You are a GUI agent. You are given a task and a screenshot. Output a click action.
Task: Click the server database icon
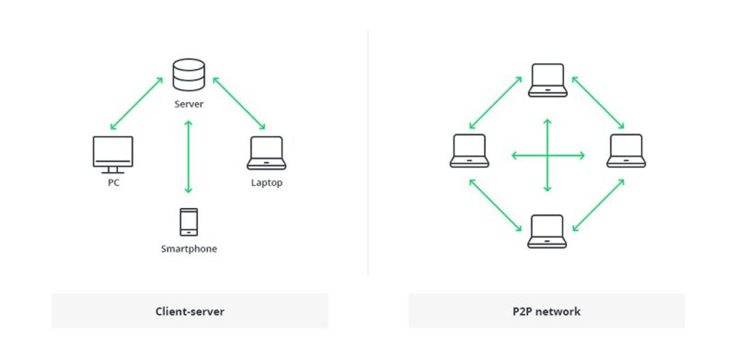click(x=189, y=74)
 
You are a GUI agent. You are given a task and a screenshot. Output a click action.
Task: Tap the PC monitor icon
click(x=112, y=155)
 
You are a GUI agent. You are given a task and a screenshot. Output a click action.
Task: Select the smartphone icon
click(x=189, y=222)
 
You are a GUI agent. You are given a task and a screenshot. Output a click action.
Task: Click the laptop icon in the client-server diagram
click(x=266, y=153)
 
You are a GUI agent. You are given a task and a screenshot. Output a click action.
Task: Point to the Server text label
click(x=189, y=104)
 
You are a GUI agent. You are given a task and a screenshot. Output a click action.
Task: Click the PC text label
click(x=114, y=183)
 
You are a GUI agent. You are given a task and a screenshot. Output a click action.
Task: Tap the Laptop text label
click(x=266, y=183)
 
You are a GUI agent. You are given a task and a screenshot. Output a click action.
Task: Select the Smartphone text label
click(x=189, y=249)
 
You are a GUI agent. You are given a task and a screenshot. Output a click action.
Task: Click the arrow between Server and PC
click(x=136, y=103)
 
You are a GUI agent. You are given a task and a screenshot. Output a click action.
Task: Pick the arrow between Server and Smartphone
click(x=188, y=157)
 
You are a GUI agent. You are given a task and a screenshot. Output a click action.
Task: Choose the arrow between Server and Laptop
click(x=239, y=103)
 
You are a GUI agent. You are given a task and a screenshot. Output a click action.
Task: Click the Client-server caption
click(x=189, y=311)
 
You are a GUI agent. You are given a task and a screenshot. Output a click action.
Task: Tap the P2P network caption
click(x=547, y=311)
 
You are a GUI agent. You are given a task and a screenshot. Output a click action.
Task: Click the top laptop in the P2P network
click(x=548, y=80)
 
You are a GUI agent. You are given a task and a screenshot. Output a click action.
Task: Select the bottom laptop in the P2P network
click(x=547, y=231)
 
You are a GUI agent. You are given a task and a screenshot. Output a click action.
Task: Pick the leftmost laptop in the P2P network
click(x=470, y=151)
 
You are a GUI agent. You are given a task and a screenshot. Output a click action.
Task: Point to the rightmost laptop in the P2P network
click(x=626, y=151)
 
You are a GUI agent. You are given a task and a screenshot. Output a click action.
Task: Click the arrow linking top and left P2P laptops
click(x=495, y=103)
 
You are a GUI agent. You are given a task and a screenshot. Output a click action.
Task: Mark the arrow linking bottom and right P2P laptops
click(x=598, y=205)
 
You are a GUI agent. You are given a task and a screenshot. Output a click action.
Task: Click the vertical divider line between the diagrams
click(x=368, y=153)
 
